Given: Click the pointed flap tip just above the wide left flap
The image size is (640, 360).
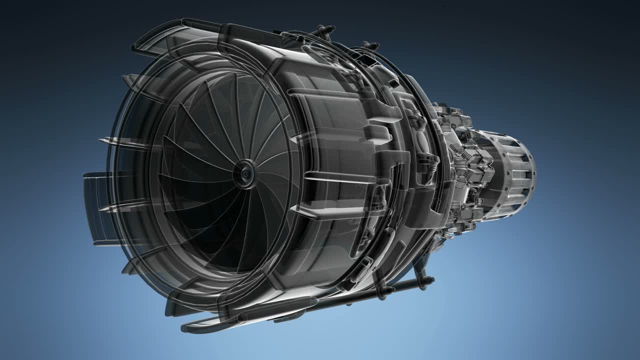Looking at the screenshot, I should [x=112, y=141].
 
